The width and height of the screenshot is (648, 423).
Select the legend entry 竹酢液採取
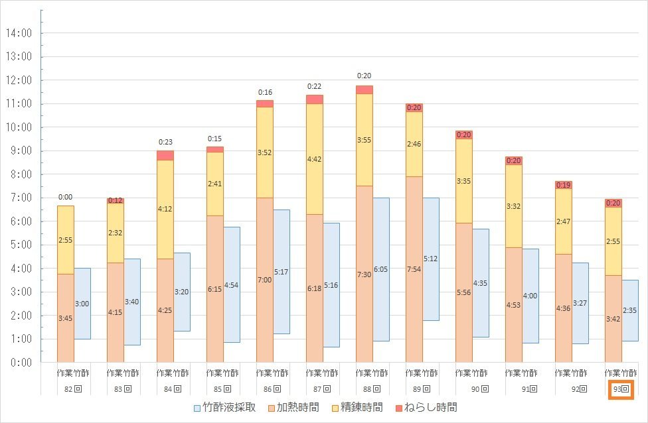click(224, 407)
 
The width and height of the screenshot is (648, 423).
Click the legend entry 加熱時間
click(295, 407)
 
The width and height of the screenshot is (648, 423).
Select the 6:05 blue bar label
click(380, 269)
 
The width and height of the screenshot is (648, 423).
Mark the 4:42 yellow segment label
click(314, 159)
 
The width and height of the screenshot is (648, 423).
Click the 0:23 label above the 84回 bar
click(165, 142)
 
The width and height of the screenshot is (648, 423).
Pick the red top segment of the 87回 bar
click(314, 99)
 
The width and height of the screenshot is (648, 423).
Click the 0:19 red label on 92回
click(564, 185)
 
